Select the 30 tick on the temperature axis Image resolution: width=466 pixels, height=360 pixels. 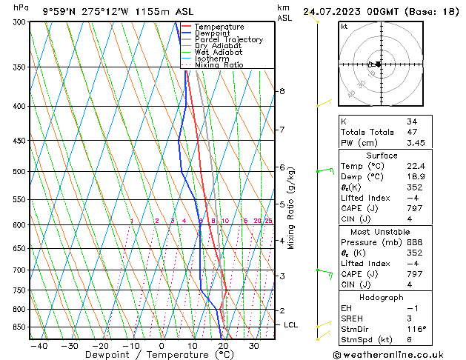(253, 346)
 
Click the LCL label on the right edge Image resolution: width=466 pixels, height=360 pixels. (291, 324)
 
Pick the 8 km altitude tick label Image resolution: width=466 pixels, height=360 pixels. (282, 91)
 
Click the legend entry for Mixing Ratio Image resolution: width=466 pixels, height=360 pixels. (219, 65)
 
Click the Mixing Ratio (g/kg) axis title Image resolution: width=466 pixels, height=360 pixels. (291, 208)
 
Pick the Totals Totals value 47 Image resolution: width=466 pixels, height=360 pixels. (412, 131)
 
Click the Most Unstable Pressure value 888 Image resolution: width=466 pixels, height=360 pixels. (413, 242)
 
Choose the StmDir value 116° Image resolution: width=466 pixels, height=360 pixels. (416, 329)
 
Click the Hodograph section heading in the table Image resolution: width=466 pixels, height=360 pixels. (382, 297)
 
